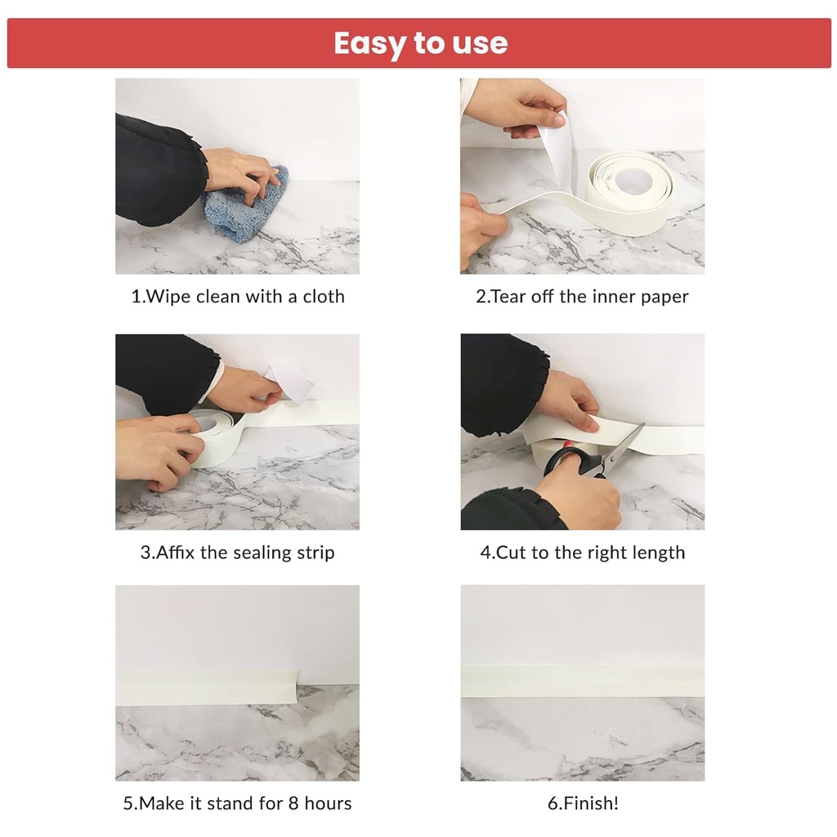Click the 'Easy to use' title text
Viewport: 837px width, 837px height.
pyautogui.click(x=420, y=43)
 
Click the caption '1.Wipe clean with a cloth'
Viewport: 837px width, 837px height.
pyautogui.click(x=238, y=296)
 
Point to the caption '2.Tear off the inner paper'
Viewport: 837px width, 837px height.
pyautogui.click(x=582, y=296)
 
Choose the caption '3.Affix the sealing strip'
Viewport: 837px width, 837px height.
pyautogui.click(x=237, y=553)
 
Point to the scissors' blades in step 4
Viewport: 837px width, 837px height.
pyautogui.click(x=624, y=445)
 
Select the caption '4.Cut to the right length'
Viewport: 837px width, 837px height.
pyautogui.click(x=582, y=553)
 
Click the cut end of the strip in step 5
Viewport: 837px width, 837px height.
pyautogui.click(x=296, y=685)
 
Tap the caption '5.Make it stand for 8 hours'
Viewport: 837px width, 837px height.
pyautogui.click(x=237, y=803)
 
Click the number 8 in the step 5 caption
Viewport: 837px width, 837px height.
pyautogui.click(x=293, y=803)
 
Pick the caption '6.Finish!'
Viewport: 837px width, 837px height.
pyautogui.click(x=582, y=803)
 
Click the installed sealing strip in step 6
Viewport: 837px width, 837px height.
pyautogui.click(x=582, y=680)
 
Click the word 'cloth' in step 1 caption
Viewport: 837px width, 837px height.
pyautogui.click(x=324, y=296)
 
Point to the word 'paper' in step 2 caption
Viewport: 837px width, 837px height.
pyautogui.click(x=664, y=297)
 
